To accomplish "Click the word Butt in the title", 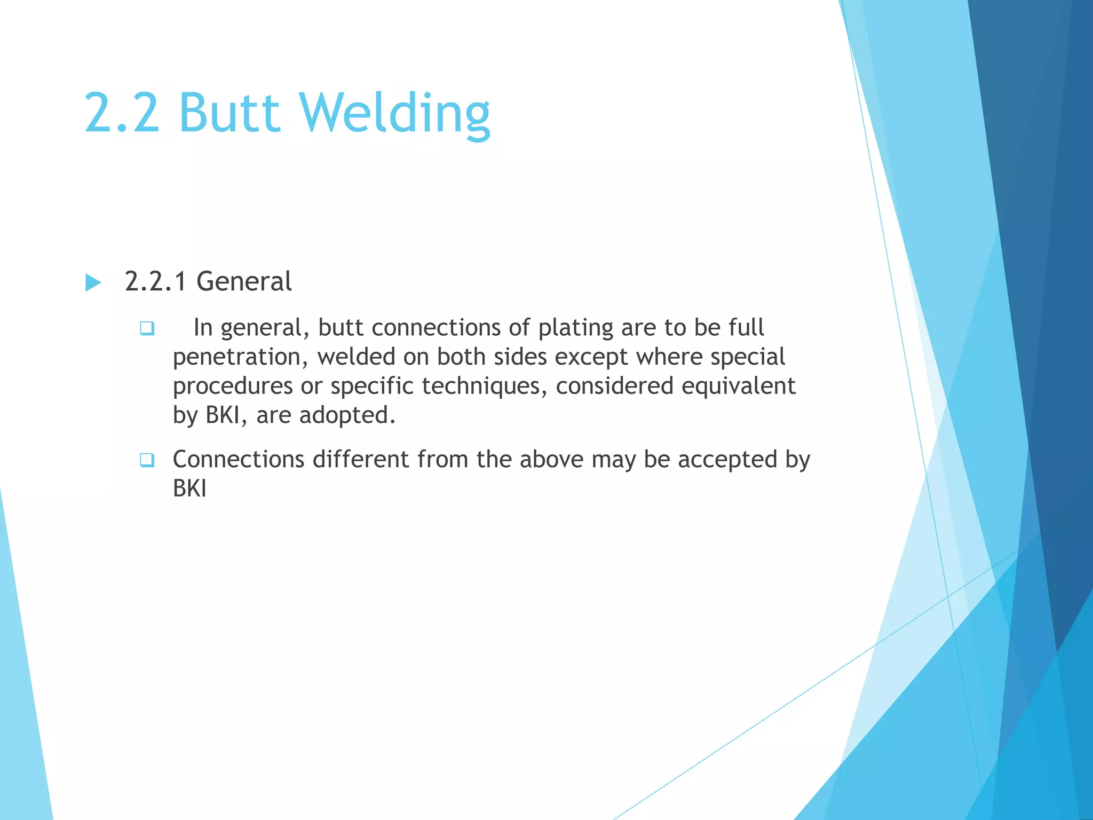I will pos(229,113).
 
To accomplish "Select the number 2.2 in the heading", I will pos(122,113).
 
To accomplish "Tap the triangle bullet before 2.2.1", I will pos(93,282).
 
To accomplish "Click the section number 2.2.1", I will pos(155,281).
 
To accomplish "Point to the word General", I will pos(244,281).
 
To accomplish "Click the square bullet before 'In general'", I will pos(147,328).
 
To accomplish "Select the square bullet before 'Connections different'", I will pos(147,460).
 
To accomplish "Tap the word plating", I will pos(575,328).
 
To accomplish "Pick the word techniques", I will pos(485,386).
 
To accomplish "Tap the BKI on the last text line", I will pos(189,488).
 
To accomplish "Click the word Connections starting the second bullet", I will pos(239,460).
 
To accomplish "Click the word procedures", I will pos(233,386).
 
